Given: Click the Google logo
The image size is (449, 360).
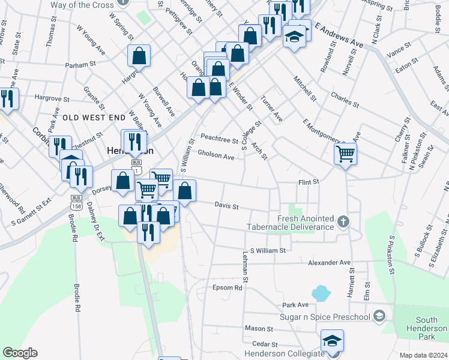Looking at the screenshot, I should coord(20,353).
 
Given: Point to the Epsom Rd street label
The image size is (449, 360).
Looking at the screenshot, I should coord(227,287).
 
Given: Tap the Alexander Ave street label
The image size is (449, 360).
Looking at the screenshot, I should coord(329,263).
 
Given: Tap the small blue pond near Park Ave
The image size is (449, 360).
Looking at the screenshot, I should coord(321,293).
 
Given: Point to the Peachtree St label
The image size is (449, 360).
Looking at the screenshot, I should coord(219,140).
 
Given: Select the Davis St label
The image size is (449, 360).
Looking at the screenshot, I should coord(227,206).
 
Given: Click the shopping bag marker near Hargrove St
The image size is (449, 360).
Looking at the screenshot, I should coord(139,56).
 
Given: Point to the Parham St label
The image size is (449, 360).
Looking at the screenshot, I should coord(82,64).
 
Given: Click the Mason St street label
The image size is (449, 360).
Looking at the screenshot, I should coord(259,329).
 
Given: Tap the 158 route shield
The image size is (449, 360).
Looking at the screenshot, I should coord(76,205).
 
